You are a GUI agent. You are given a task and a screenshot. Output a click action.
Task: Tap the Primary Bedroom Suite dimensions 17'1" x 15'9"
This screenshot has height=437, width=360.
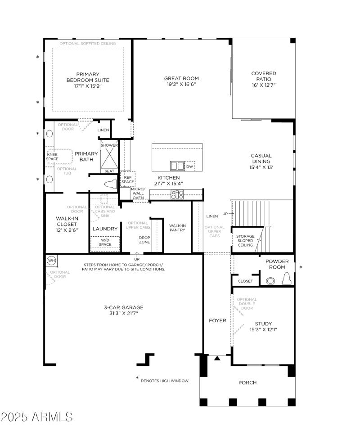pos(88,86)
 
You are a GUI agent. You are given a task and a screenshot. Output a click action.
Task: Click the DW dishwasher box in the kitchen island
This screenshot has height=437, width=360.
pos(189,166)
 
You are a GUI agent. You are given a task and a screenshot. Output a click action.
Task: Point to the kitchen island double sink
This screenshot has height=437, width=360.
pos(177,166)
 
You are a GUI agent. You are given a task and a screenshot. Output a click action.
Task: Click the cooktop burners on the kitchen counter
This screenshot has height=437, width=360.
pos(177,194)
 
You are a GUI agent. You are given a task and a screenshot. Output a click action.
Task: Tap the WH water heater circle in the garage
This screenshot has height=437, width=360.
pos(51,261)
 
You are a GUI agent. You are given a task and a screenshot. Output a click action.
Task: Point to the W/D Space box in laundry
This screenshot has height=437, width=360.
pos(105,243)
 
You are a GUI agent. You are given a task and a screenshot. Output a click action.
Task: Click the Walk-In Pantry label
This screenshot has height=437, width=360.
pos(177,228)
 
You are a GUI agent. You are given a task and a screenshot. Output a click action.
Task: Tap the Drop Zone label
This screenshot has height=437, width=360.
pos(144,240)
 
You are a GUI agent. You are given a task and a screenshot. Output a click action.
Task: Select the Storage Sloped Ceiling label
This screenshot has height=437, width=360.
pos(246,241)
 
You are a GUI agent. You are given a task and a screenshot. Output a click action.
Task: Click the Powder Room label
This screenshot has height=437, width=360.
pos(277,264)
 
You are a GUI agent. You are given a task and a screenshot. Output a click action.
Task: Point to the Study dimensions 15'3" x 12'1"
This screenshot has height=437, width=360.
pos(263,329)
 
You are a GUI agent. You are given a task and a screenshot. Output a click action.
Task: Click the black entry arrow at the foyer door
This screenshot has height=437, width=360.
pos(217,358)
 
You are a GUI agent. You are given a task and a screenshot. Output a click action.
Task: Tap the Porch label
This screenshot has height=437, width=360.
pos(247,383)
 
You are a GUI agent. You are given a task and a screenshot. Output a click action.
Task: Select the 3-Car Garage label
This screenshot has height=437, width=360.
pos(124,307)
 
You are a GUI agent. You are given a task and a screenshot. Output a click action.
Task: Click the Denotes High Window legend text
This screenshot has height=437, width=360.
pos(164,381)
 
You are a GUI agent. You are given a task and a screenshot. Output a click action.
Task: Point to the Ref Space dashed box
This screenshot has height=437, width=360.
pos(128,179)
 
